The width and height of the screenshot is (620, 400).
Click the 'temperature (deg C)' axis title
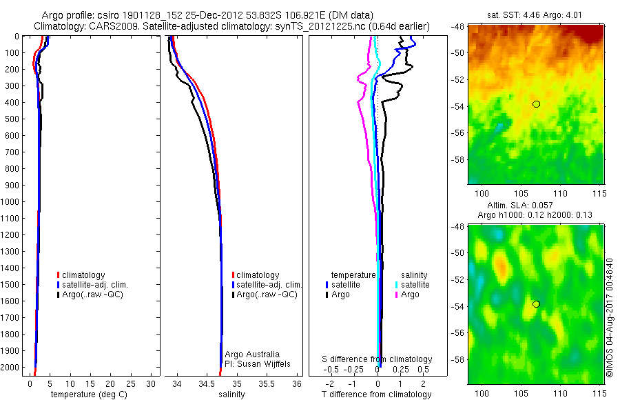[x=87, y=394]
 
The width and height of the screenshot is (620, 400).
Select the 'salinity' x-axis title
[x=231, y=394]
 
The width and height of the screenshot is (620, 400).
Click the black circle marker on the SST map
[x=536, y=104]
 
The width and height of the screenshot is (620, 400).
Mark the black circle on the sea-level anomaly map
[x=536, y=304]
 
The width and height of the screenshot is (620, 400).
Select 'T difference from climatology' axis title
[x=376, y=394]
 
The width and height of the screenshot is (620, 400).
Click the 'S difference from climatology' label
[x=378, y=359]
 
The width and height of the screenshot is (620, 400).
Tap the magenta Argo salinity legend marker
[x=397, y=294]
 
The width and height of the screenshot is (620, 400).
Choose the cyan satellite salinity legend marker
[x=397, y=284]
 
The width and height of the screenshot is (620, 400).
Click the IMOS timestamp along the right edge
[x=609, y=317]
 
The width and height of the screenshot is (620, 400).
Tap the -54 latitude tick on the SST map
[x=458, y=106]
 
